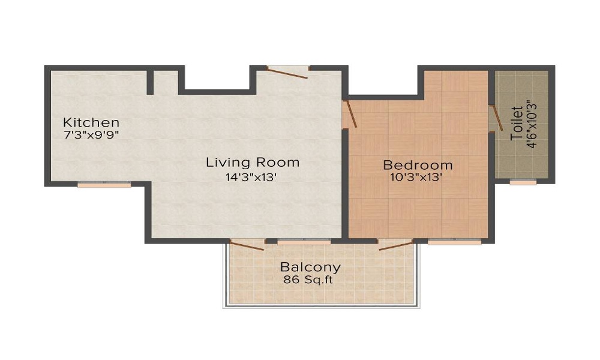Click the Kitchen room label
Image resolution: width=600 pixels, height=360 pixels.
coord(91,122)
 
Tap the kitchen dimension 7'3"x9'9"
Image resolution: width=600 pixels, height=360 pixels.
coord(91,134)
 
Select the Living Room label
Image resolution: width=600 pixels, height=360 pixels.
coord(253,162)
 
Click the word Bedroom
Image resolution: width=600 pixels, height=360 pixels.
coord(418,165)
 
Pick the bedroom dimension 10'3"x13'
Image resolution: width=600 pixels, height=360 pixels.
coord(418,178)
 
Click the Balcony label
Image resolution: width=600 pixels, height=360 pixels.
coord(310,267)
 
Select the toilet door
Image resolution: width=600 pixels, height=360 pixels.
coord(494,119)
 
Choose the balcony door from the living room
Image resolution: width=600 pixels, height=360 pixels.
coord(247,245)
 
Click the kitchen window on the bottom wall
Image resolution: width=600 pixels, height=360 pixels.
coord(104,185)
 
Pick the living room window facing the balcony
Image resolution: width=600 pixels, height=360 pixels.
coord(304,242)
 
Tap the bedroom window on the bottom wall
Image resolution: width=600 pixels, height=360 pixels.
coord(454,242)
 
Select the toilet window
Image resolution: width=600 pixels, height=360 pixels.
coord(523,182)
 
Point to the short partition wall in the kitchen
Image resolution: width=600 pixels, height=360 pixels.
coord(150,83)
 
